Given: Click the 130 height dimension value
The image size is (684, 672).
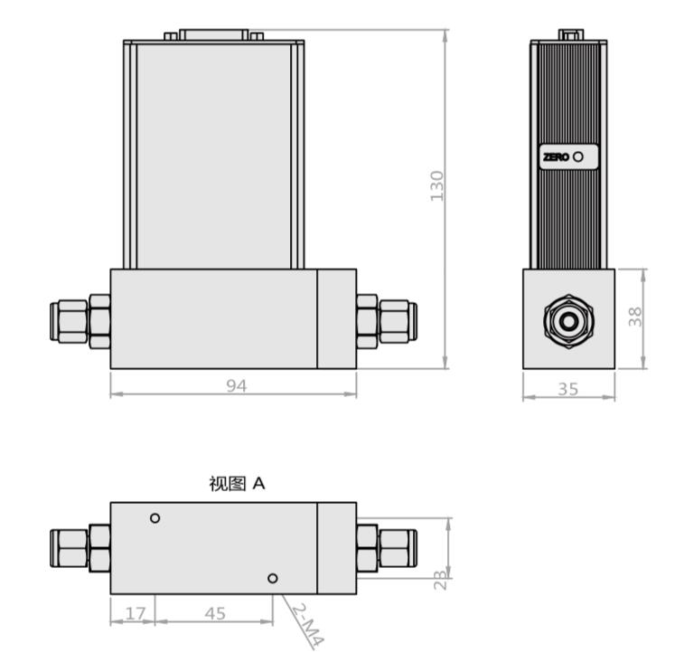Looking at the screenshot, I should [437, 185].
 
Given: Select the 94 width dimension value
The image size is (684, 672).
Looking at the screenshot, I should [236, 386].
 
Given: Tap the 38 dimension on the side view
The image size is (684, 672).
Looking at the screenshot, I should [635, 317].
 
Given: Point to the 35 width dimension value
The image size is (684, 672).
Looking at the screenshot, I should [568, 390].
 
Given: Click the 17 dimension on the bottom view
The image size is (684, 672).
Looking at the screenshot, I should [134, 613].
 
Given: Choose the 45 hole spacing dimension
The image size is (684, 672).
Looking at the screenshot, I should [215, 613].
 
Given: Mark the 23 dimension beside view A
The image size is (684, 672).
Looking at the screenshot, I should [441, 580].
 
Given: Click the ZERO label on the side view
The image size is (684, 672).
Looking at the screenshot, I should [556, 156].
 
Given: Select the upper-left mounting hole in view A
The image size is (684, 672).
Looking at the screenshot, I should [155, 518].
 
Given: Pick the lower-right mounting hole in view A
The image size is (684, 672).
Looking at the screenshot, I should [273, 578].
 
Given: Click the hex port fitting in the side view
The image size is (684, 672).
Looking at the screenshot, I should [568, 321].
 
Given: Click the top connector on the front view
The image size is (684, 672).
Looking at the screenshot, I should [214, 35].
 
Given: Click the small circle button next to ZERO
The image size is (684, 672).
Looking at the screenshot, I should [578, 156].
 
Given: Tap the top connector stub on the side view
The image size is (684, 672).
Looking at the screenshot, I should [569, 35].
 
